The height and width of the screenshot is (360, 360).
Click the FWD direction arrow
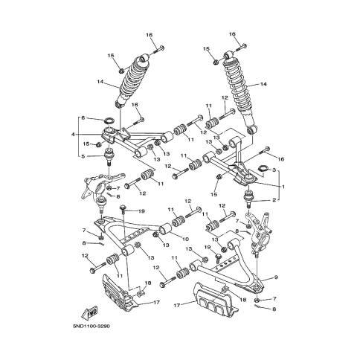click(x=89, y=312)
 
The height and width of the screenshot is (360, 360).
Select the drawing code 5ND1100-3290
click(x=91, y=326)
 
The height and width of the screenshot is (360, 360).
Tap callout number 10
click(x=185, y=239)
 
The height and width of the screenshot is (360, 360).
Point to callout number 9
click(x=276, y=277)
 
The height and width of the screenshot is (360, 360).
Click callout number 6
click(x=83, y=118)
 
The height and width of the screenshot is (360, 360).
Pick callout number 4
click(x=73, y=135)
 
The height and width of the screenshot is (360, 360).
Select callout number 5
click(x=83, y=156)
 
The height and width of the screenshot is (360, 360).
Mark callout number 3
click(x=274, y=170)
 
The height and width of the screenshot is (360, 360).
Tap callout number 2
click(x=274, y=200)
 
